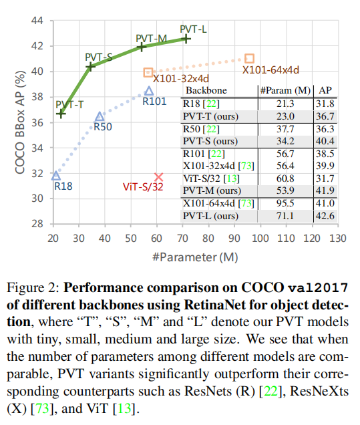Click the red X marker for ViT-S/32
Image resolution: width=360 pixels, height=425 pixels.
click(158, 177)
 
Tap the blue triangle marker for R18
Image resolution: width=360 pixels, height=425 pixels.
click(55, 175)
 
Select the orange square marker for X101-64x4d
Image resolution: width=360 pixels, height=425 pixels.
click(249, 59)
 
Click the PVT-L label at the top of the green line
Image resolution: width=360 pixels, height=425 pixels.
click(193, 28)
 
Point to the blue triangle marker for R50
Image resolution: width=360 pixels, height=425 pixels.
click(100, 116)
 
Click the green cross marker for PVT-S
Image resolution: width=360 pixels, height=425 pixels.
click(90, 67)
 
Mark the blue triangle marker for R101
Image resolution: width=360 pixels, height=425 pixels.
click(149, 91)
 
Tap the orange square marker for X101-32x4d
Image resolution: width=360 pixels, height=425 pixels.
click(148, 72)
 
